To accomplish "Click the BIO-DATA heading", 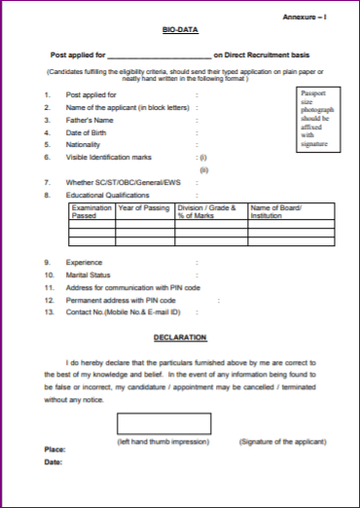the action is coord(180,32).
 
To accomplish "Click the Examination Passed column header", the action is coord(92,212).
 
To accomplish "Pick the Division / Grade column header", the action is coord(207,212).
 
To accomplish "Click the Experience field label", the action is coord(86,263).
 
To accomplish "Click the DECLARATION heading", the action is coord(180,337).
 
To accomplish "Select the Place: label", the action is coord(55,449).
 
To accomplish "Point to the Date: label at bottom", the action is coord(54,462).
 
